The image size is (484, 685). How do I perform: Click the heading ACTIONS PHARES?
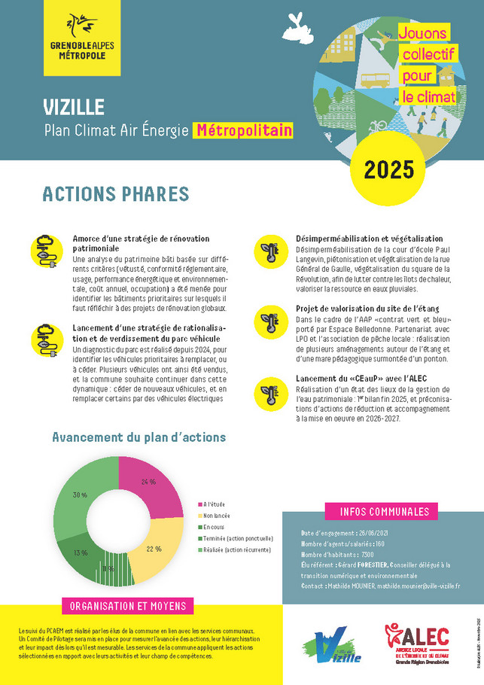coord(115,193)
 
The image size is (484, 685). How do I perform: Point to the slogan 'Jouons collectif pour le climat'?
coord(424,65)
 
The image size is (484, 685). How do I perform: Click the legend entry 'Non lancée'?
coord(216,515)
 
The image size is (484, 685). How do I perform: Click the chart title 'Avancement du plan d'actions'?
coord(139,437)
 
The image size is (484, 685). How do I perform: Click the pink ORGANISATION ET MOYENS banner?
coord(127,607)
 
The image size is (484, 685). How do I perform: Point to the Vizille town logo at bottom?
coord(333,645)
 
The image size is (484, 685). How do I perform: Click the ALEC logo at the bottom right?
coord(417,644)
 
